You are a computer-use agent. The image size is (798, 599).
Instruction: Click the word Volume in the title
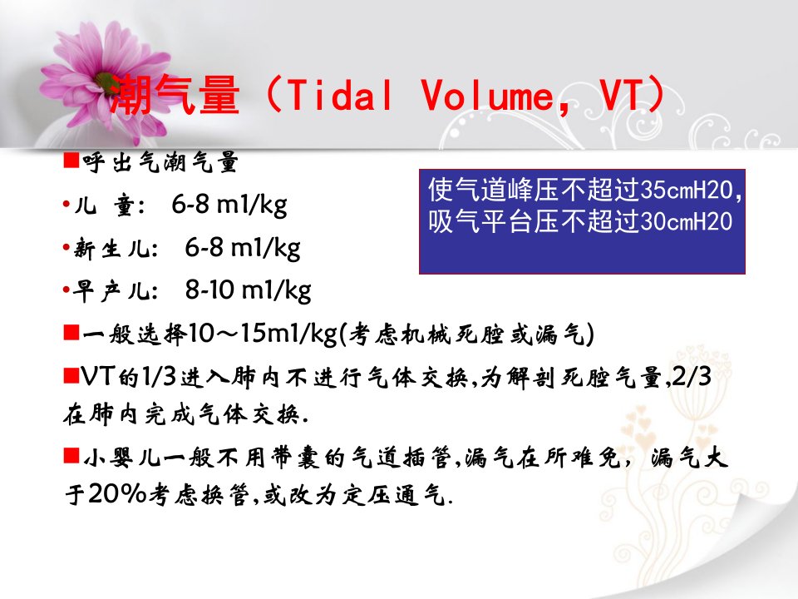point(487,95)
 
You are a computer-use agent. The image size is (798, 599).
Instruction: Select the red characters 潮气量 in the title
point(174,95)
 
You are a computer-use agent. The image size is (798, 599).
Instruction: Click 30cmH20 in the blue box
point(687,222)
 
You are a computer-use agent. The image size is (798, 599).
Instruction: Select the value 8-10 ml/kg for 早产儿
point(248,291)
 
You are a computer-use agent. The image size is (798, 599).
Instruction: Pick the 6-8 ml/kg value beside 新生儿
point(242,248)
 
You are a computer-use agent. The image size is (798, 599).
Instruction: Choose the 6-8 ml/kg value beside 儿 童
point(229,205)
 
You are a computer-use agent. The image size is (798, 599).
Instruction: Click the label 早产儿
point(116,291)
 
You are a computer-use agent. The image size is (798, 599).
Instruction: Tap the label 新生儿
point(116,249)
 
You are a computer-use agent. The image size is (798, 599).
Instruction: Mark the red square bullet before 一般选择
point(71,333)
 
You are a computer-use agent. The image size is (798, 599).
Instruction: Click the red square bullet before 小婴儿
point(71,455)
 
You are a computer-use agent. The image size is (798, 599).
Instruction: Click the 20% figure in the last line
point(118,493)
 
